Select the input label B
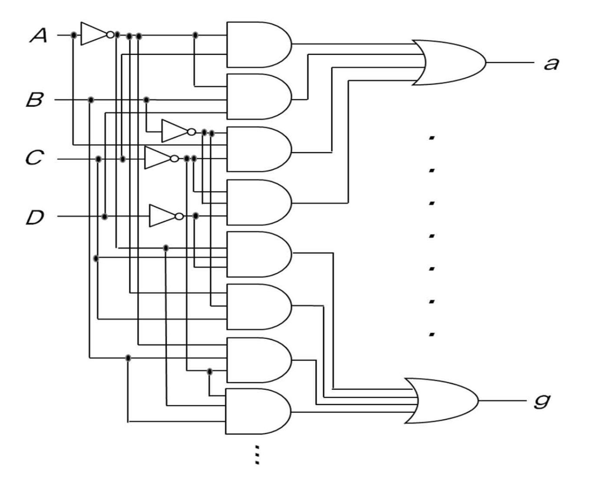35,100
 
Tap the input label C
35,158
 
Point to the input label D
35,217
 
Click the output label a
551,64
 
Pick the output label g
542,400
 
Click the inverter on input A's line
95,34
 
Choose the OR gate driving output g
441,400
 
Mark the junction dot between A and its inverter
74,35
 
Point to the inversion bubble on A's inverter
110,34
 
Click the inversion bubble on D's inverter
179,216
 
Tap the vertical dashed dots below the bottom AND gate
257,454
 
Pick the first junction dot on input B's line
90,100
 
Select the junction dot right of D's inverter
195,216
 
